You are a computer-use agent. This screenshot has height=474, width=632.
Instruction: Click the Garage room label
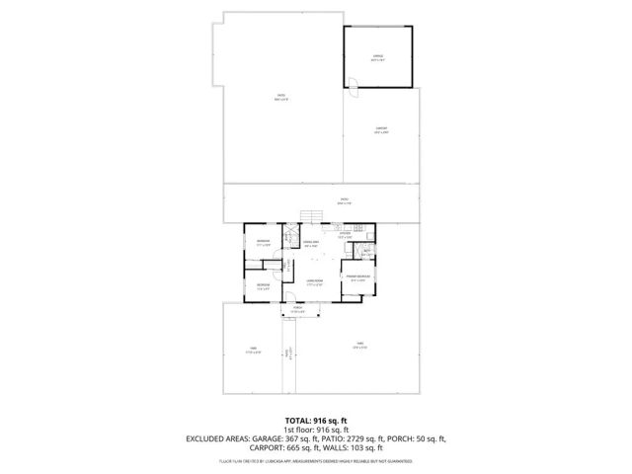(x=377, y=58)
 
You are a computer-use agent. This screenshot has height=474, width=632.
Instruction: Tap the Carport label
(x=381, y=128)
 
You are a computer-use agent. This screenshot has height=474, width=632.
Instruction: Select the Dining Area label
(x=309, y=243)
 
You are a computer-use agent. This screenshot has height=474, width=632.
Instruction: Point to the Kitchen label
(x=345, y=235)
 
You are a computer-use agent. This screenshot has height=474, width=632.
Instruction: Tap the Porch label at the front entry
(x=297, y=309)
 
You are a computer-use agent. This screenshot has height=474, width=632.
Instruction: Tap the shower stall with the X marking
(x=289, y=237)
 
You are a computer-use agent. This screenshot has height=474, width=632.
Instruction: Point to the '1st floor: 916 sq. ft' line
(x=315, y=431)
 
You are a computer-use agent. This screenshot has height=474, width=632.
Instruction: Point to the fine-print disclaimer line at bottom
(x=315, y=460)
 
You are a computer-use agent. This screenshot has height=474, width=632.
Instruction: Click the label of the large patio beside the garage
(x=280, y=97)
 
